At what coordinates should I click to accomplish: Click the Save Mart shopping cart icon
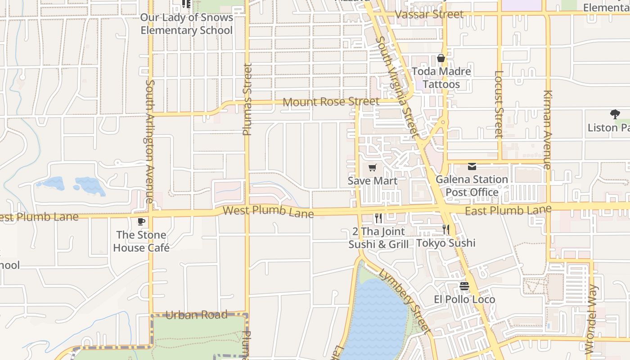(x=372, y=168)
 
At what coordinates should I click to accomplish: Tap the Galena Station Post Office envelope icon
(x=472, y=166)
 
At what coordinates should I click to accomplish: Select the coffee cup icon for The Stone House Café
(x=141, y=221)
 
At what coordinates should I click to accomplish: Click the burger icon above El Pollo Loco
(x=464, y=286)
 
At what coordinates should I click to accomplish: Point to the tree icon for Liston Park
(x=615, y=114)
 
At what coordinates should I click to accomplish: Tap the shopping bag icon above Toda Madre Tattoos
(x=441, y=58)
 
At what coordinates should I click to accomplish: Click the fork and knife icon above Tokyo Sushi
(x=445, y=229)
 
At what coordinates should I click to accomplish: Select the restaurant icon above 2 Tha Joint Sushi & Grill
(x=378, y=219)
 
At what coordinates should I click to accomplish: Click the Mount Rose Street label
(x=331, y=102)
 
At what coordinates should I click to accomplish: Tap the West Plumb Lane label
(x=268, y=211)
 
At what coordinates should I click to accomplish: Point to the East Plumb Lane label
(x=508, y=210)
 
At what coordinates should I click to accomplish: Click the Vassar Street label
(x=429, y=14)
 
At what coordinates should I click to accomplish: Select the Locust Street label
(x=498, y=104)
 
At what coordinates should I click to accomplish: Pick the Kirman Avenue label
(x=547, y=130)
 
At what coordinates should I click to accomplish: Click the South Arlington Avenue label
(x=150, y=141)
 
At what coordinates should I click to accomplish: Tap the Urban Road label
(x=197, y=315)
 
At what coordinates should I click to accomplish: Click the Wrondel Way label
(x=591, y=319)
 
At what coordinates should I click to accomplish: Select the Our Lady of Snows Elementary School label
(x=187, y=24)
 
